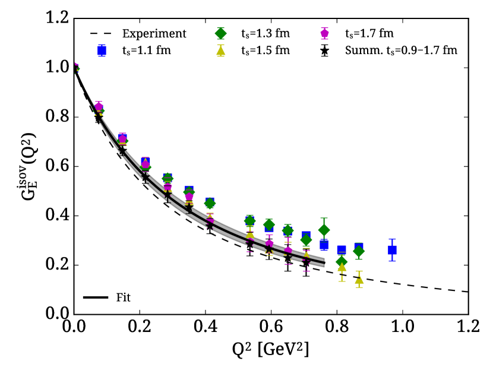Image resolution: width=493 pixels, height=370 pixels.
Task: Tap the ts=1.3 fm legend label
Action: click(266, 33)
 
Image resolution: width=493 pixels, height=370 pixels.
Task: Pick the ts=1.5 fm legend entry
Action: click(266, 50)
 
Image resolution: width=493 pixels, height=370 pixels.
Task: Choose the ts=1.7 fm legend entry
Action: click(369, 33)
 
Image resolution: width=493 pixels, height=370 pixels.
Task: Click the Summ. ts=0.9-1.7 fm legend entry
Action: click(401, 50)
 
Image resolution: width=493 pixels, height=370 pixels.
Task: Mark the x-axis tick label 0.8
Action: click(337, 327)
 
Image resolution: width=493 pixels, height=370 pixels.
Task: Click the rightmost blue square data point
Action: click(392, 250)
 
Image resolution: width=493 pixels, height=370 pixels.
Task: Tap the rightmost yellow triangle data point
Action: click(359, 279)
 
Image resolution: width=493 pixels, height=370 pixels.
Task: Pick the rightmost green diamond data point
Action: click(359, 252)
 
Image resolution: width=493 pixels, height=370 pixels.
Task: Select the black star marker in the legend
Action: click(324, 50)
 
